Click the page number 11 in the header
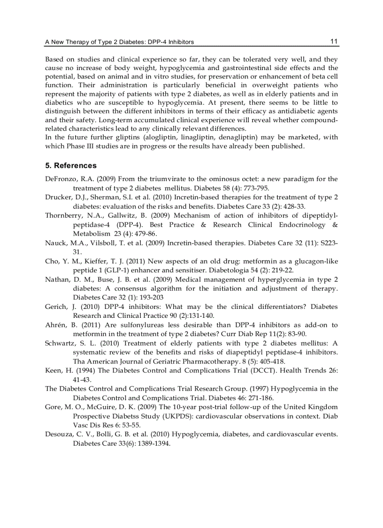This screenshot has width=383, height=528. click(x=334, y=41)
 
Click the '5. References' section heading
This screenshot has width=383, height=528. click(x=71, y=165)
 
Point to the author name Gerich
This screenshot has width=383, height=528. click(x=56, y=307)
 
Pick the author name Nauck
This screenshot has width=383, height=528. click(x=55, y=243)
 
